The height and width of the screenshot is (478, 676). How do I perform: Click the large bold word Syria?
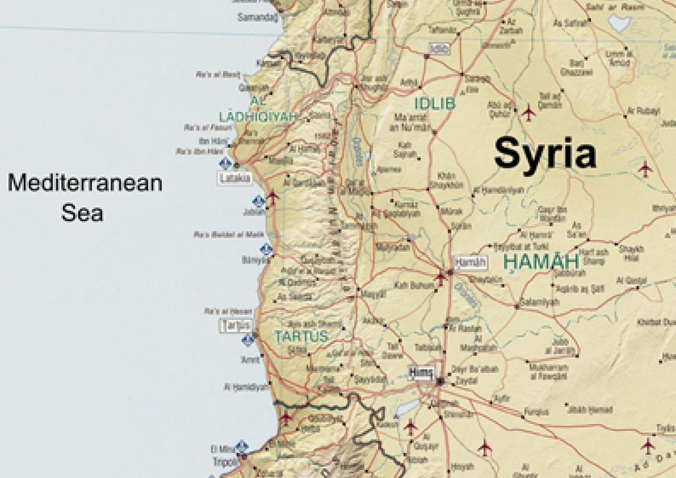click(x=545, y=154)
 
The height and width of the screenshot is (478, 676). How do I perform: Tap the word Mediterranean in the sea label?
click(x=85, y=183)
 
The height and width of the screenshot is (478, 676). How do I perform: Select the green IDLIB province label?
click(x=435, y=104)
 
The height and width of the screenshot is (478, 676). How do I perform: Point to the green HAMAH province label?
click(x=541, y=261)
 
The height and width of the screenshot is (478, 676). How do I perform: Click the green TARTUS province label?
click(x=301, y=336)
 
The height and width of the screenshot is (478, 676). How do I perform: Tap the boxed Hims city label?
click(x=422, y=372)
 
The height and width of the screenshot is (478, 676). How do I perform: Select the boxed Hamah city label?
click(x=470, y=262)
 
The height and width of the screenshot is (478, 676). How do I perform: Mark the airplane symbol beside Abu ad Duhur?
click(x=528, y=112)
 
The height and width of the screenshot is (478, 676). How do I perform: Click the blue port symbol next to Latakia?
click(x=226, y=164)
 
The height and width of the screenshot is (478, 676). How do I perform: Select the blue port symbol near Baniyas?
click(x=266, y=248)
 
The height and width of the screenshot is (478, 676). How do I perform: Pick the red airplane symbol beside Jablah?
click(x=273, y=196)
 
